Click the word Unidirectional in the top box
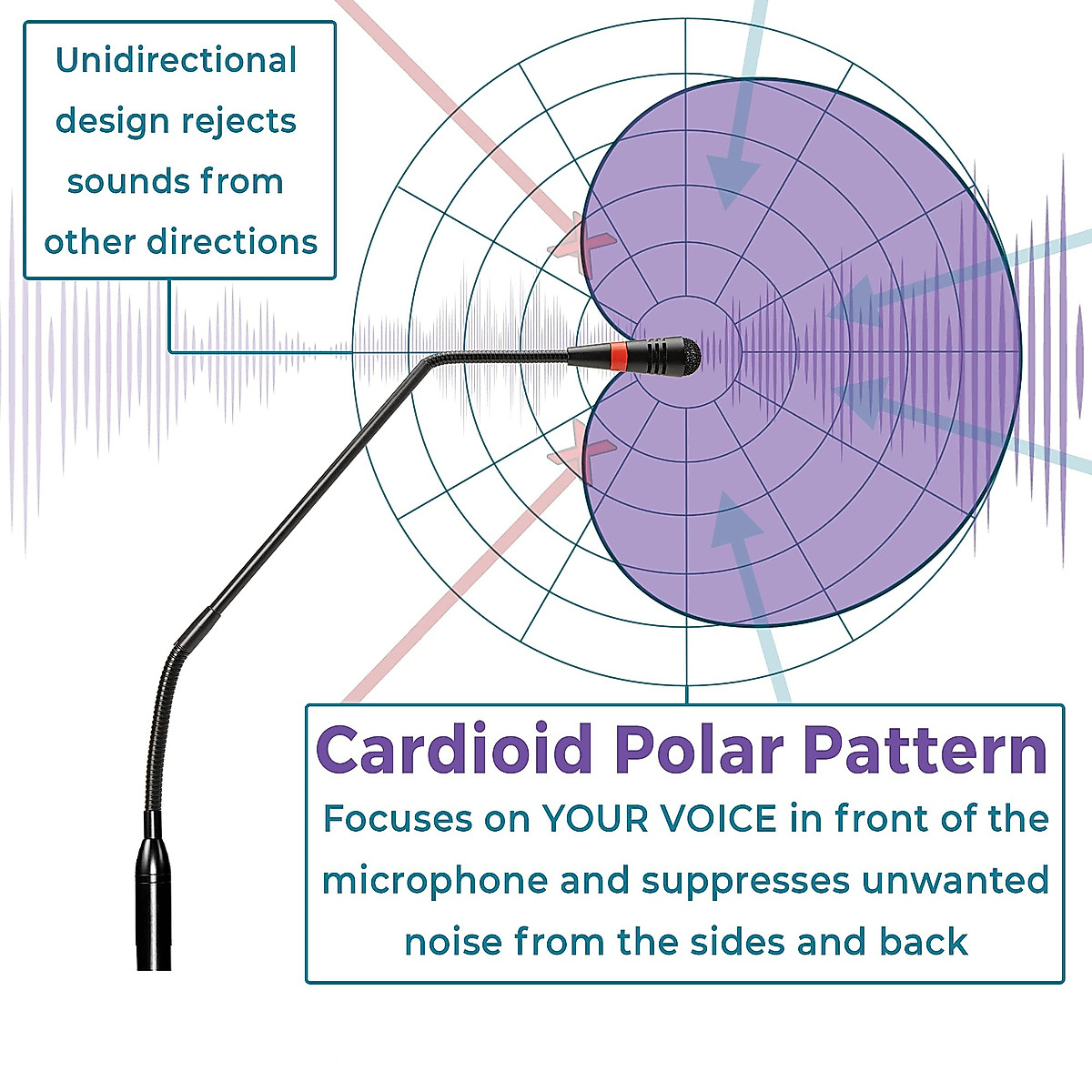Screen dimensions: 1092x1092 176,61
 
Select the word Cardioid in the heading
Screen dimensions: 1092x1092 454,750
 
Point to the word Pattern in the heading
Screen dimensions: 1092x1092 926,750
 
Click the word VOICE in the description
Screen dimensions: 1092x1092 718,819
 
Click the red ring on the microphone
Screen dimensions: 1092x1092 618,357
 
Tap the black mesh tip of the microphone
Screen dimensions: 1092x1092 687,356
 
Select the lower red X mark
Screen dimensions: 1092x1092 581,454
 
